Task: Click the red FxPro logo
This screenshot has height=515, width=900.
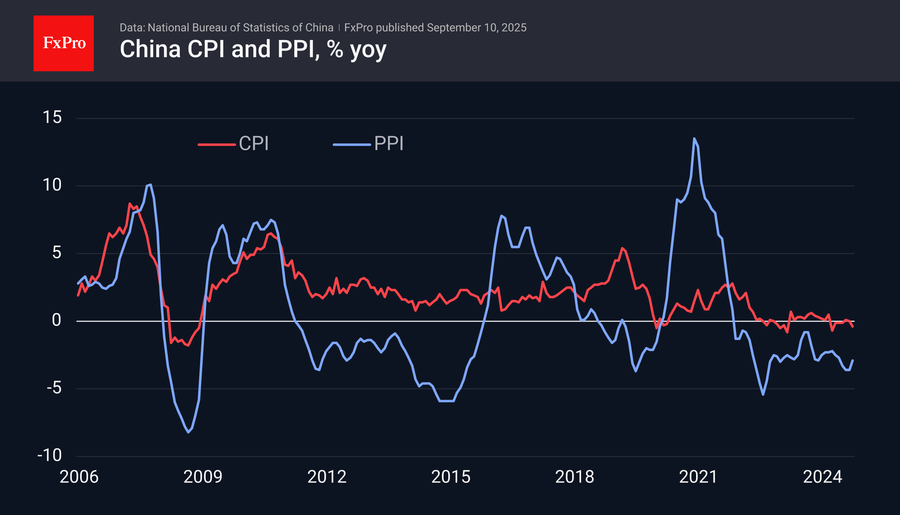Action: point(64,43)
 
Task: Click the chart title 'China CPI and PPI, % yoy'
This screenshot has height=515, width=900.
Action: point(253,49)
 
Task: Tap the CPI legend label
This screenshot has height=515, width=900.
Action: point(254,143)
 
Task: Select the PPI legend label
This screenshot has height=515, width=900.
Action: point(389,143)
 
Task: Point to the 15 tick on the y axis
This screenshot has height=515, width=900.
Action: point(52,118)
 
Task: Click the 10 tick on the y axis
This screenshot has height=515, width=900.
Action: point(52,185)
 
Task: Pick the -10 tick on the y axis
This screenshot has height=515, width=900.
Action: point(49,455)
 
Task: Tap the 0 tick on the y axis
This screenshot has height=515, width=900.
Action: point(56,320)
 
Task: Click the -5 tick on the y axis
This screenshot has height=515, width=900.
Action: point(54,388)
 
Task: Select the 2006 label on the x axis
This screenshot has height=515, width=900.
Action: point(79,477)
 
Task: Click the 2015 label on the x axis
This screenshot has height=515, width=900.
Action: point(451,477)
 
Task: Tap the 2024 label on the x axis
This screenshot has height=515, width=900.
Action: point(823,477)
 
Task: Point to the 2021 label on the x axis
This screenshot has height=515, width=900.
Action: point(699,477)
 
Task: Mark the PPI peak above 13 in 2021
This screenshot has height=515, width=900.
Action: point(694,139)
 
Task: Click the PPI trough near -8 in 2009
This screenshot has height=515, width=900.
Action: point(188,432)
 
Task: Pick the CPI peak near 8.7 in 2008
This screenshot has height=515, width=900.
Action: point(129,204)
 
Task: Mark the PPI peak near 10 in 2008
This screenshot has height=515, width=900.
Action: point(150,185)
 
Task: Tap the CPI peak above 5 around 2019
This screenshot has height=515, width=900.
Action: point(622,248)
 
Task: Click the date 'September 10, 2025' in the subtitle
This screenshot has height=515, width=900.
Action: point(477,28)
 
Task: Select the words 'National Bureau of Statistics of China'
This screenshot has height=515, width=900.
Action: point(240,28)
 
